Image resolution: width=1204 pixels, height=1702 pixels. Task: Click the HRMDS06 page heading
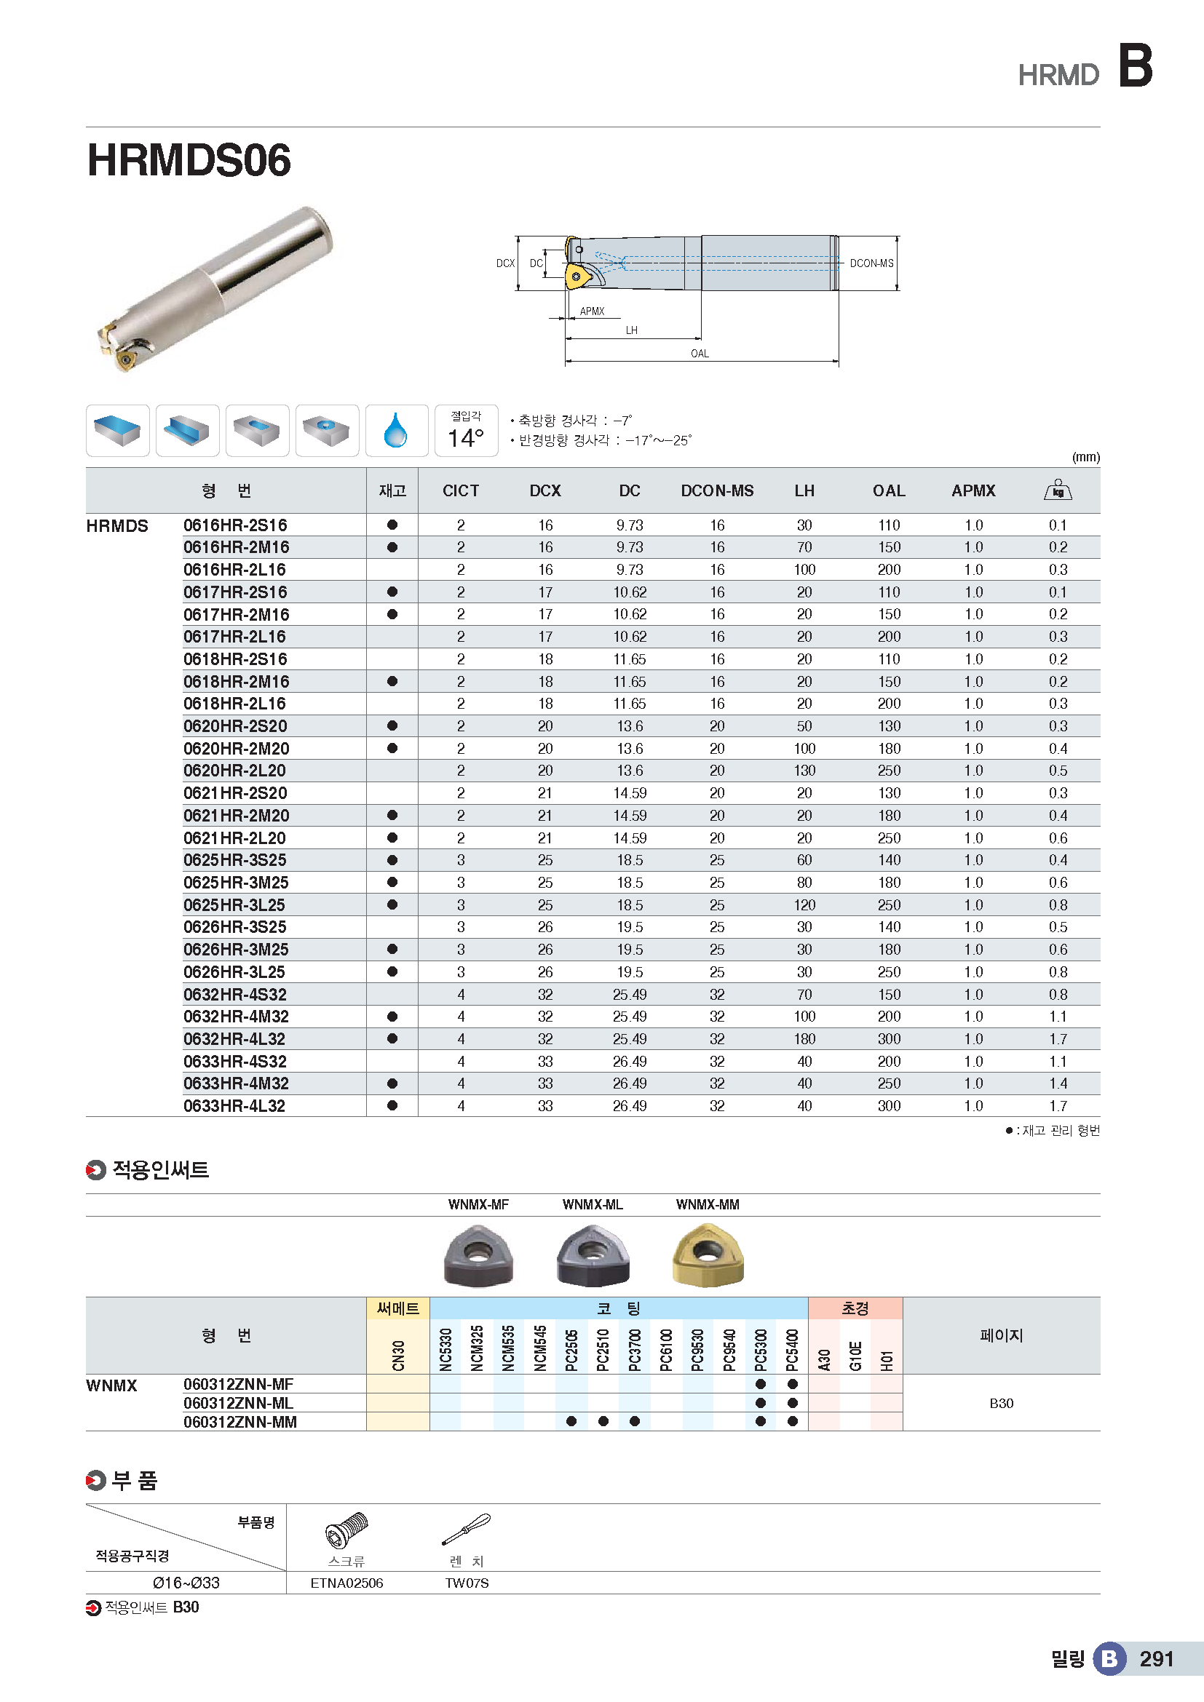pyautogui.click(x=189, y=160)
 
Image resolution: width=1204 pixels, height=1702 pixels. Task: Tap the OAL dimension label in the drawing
pyautogui.click(x=699, y=354)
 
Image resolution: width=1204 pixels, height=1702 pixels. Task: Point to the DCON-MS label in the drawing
pyautogui.click(x=871, y=263)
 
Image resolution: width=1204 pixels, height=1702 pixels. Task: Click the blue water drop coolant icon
pyautogui.click(x=396, y=431)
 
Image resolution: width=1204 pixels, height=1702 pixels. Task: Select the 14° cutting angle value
pyautogui.click(x=466, y=438)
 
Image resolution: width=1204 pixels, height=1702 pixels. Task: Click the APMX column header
pyautogui.click(x=973, y=490)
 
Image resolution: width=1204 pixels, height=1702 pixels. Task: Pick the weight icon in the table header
pyautogui.click(x=1057, y=490)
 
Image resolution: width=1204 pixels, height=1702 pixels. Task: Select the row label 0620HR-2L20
pyautogui.click(x=234, y=771)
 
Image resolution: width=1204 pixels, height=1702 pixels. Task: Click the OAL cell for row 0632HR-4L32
pyautogui.click(x=888, y=1039)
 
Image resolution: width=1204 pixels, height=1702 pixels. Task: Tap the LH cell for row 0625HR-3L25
pyautogui.click(x=804, y=905)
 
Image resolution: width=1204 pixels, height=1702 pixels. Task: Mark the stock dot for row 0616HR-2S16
pyautogui.click(x=392, y=525)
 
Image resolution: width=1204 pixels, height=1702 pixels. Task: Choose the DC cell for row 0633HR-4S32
pyautogui.click(x=630, y=1062)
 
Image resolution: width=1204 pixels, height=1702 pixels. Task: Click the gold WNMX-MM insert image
pyautogui.click(x=708, y=1254)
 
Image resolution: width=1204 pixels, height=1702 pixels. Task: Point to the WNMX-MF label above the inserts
pyautogui.click(x=478, y=1204)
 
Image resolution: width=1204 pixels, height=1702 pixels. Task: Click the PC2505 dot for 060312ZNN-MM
pyautogui.click(x=571, y=1421)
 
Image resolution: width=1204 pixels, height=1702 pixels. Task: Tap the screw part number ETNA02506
pyautogui.click(x=346, y=1583)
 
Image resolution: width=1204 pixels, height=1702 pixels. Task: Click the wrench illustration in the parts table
pyautogui.click(x=467, y=1530)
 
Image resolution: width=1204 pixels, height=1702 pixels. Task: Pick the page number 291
pyautogui.click(x=1156, y=1658)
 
